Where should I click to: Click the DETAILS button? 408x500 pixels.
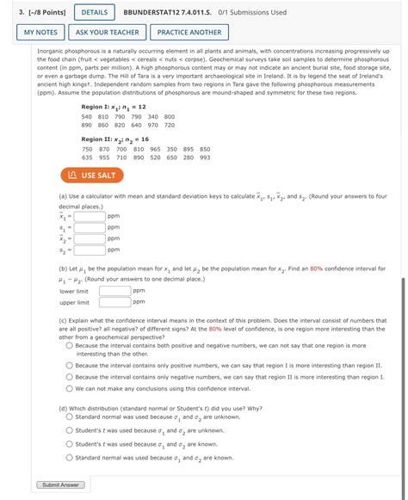[96, 13]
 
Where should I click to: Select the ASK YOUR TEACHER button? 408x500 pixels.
[107, 33]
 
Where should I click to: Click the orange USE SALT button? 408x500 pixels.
[91, 176]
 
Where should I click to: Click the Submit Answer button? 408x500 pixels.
[60, 485]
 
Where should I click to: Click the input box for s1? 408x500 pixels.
[90, 227]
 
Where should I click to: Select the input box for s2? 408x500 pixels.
[90, 250]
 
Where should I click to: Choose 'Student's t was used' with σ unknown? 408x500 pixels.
[69, 431]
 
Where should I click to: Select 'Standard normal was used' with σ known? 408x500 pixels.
[69, 458]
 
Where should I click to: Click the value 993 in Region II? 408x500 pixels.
[204, 157]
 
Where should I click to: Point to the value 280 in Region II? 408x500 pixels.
[188, 157]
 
